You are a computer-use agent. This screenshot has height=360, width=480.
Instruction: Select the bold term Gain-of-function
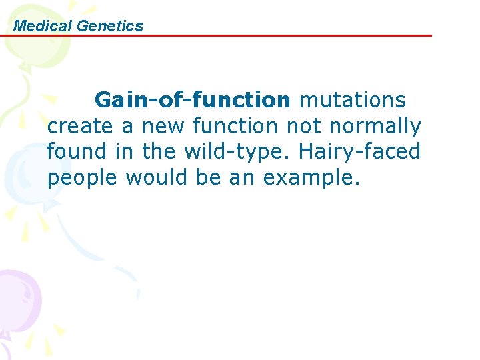click(193, 100)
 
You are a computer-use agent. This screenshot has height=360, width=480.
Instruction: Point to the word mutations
click(352, 100)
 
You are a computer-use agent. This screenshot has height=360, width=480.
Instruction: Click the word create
click(81, 126)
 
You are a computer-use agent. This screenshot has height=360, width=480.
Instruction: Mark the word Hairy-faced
click(360, 152)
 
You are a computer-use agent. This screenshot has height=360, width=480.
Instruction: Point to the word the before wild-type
click(159, 151)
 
